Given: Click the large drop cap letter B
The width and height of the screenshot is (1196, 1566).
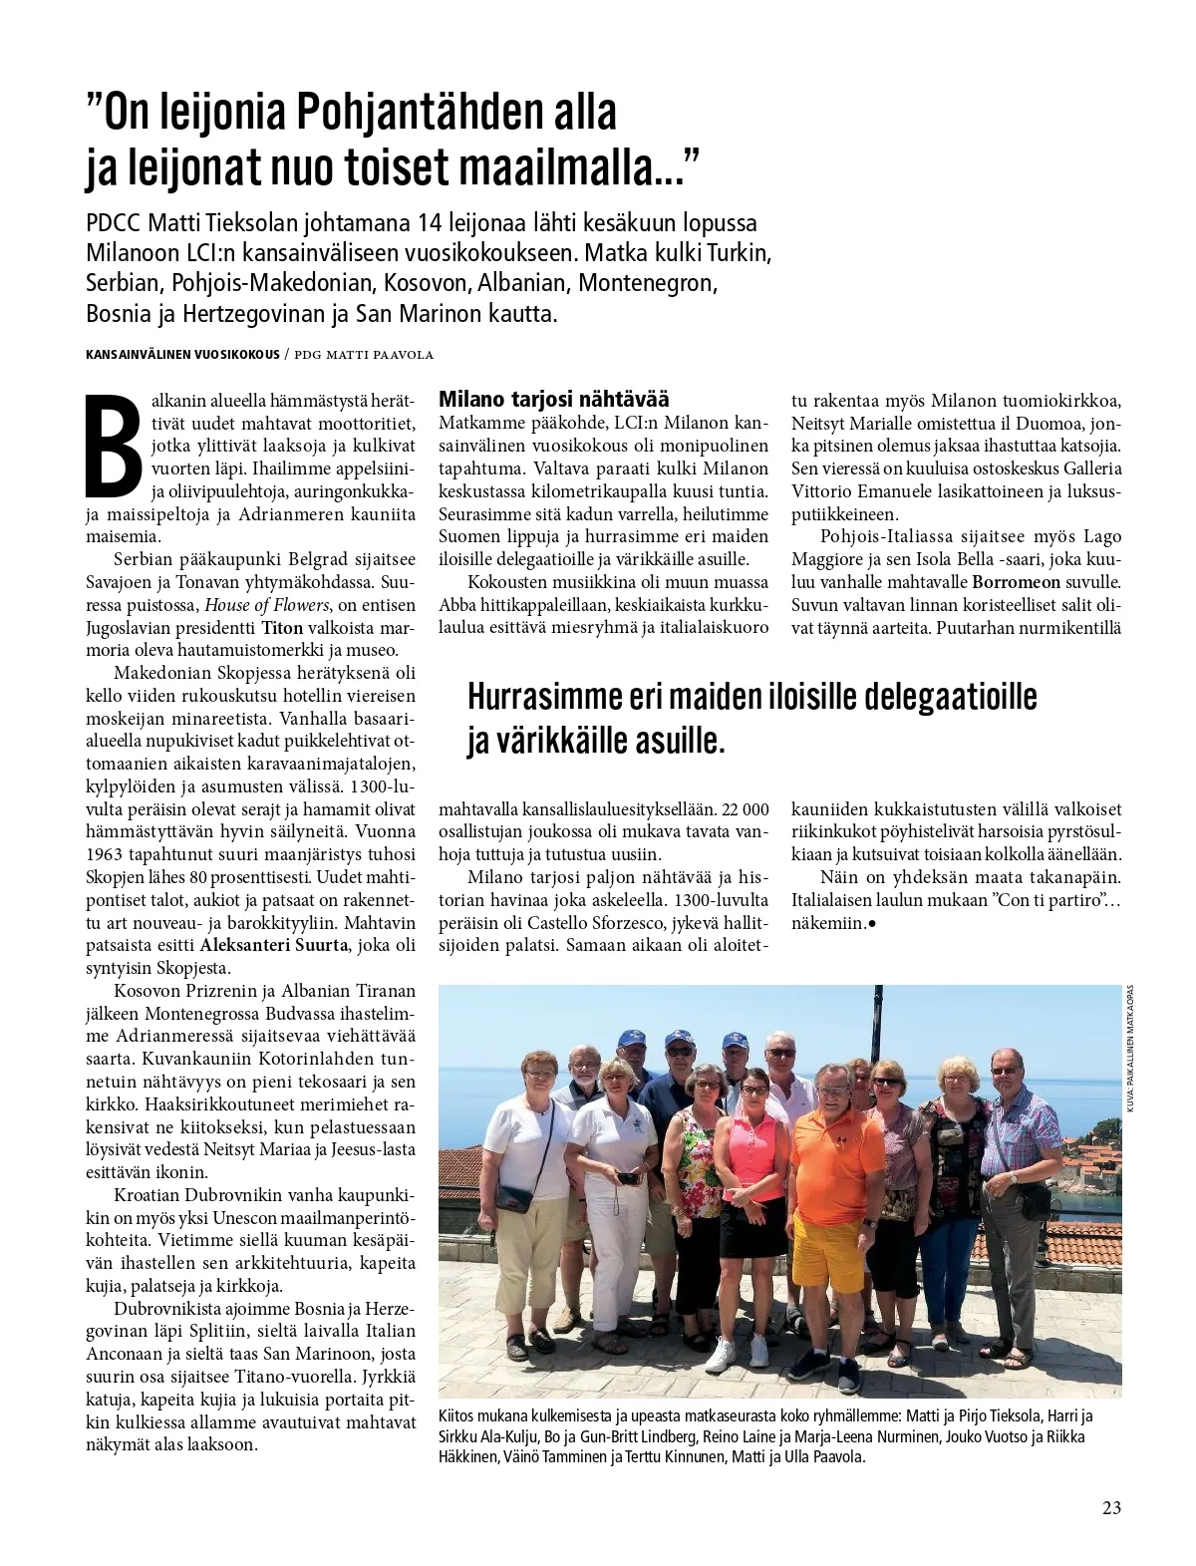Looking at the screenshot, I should [x=114, y=446].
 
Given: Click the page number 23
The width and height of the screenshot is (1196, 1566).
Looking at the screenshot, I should [x=1111, y=1506].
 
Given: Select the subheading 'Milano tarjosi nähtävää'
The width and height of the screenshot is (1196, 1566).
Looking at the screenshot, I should [x=553, y=398].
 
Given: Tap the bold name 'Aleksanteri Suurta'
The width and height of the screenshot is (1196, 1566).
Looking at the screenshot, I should [x=274, y=944].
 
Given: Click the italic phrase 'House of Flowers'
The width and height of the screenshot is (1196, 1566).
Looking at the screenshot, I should [x=267, y=604].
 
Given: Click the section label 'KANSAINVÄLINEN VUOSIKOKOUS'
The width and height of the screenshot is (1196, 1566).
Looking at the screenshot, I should [x=181, y=355].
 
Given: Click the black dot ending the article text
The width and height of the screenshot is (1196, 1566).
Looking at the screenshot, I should [x=872, y=924].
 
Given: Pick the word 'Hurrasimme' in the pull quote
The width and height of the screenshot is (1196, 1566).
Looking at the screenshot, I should [x=544, y=696].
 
